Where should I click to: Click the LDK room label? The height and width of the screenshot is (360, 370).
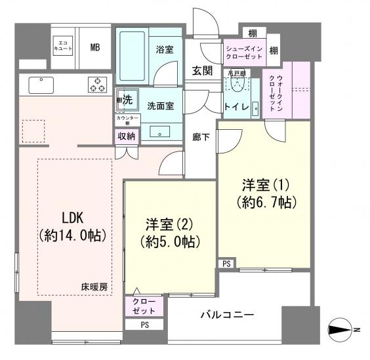(x=73, y=225)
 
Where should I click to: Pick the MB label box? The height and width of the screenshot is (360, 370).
(x=95, y=47)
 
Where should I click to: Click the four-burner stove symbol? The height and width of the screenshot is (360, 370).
(x=98, y=85)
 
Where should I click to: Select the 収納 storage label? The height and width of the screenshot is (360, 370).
(x=126, y=136)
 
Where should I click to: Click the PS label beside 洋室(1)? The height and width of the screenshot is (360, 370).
(x=226, y=264)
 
